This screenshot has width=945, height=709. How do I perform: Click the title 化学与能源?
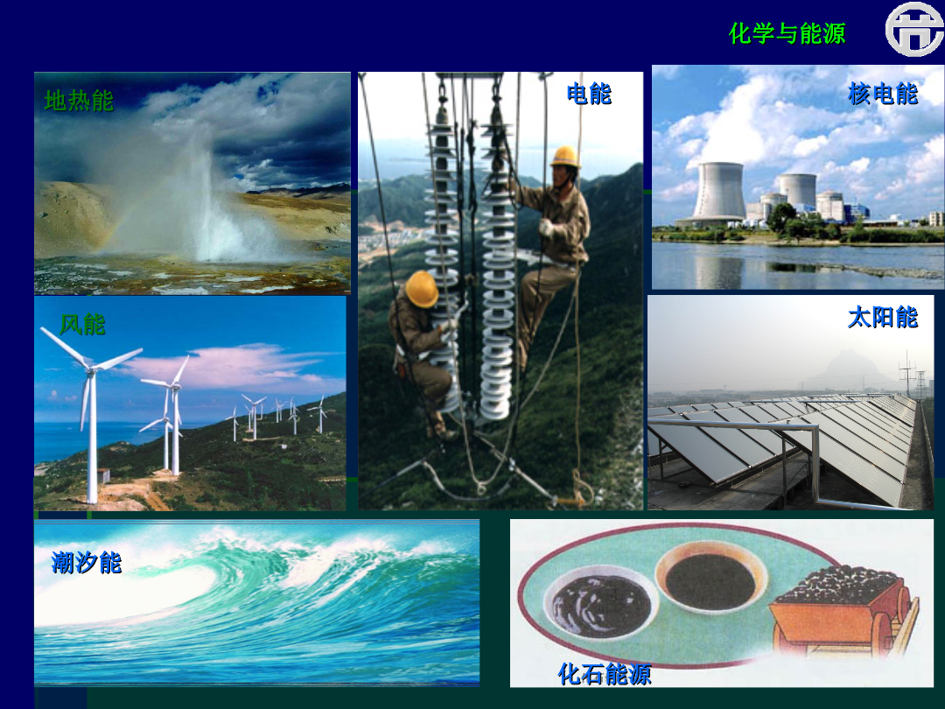coord(787,33)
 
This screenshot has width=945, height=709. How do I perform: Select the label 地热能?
coord(79,101)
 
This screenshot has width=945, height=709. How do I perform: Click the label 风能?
coord(82,325)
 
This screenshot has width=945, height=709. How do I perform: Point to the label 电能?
coord(589,94)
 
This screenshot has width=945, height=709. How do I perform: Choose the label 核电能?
coord(882,94)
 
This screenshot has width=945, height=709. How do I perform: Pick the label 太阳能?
coord(882,317)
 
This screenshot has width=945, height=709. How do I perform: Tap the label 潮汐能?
coord(86,563)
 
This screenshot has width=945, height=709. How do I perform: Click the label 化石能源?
coord(605,673)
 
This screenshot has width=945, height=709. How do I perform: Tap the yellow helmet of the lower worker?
coord(421,288)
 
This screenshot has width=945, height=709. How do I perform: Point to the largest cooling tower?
coord(719,192)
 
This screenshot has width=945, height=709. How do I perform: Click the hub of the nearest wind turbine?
coord(90,368)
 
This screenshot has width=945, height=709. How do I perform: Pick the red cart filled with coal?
coord(843,609)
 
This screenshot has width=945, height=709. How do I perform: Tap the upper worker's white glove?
coord(546,228)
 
